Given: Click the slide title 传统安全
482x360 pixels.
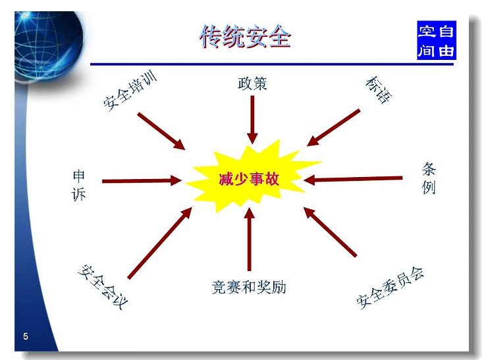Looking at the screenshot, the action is pos(245,37).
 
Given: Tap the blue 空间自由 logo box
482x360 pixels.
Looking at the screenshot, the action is pos(436,40).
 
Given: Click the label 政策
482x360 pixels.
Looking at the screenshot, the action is pos(252,84).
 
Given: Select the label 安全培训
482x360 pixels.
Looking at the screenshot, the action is pos(130,91).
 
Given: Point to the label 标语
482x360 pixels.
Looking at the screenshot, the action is pos(379,90).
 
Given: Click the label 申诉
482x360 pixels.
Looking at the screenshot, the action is pos(78,186).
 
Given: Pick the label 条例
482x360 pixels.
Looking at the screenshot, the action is pos(429,178).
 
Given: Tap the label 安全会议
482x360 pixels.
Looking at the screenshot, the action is pos(102,287).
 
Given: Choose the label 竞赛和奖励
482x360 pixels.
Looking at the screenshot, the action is pos(249,287).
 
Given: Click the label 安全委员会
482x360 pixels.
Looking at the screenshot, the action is pos(390,288).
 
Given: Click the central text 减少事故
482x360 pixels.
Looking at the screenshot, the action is pos(249,179).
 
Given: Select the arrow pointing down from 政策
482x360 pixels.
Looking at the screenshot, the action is pos(252,120).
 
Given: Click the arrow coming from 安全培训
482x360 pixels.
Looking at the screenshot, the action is pos(161,131).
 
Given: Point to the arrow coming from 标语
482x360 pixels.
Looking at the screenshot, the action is pos(333,128).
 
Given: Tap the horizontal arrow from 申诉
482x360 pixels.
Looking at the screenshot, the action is pos(142,180).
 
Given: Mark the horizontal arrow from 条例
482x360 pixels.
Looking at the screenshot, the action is pos(353,179).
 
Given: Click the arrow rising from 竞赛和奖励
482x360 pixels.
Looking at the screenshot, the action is pos(249,239).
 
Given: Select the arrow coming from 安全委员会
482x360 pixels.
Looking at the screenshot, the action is pos(330,232).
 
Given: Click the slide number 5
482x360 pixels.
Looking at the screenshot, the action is pos(26,336).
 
